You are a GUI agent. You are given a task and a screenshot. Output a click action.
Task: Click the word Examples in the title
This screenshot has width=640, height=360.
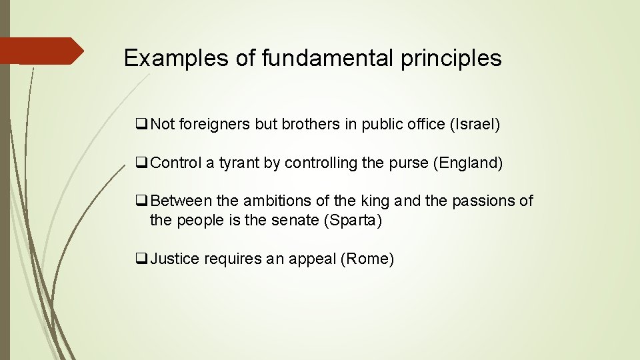coord(176,58)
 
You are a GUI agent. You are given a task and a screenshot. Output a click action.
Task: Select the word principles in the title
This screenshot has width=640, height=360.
coord(451,58)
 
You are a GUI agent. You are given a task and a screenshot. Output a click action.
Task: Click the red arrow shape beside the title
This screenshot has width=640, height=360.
coord(41,51)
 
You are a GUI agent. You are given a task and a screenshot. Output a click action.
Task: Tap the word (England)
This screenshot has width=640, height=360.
coord(468,163)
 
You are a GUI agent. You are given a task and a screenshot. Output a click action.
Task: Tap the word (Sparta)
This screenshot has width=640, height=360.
coord(353,221)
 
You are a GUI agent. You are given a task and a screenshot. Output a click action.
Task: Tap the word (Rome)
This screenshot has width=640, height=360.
coord(367,259)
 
